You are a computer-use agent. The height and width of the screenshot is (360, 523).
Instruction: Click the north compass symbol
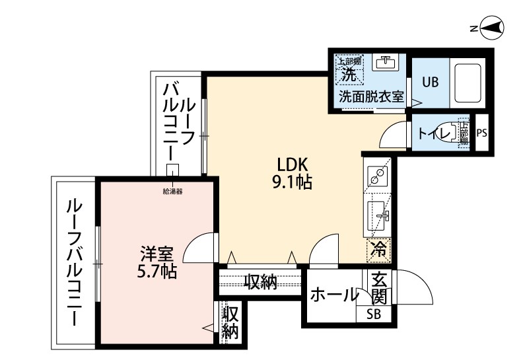[x=491, y=28]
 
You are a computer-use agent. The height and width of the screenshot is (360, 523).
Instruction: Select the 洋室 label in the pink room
[x=157, y=253]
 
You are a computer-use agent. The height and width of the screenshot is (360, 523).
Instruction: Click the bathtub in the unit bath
[x=469, y=83]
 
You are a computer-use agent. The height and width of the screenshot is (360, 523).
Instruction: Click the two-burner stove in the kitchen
[x=378, y=175]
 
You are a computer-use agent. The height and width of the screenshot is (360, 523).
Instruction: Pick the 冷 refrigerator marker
[x=378, y=250]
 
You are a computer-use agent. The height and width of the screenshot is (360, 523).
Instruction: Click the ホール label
[x=333, y=295]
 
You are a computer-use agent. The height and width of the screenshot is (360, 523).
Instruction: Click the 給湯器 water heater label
[x=172, y=192]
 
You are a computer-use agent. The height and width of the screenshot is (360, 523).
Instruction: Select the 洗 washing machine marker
[x=348, y=75]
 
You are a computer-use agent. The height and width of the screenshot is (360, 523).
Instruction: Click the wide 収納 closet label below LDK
[x=260, y=282]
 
